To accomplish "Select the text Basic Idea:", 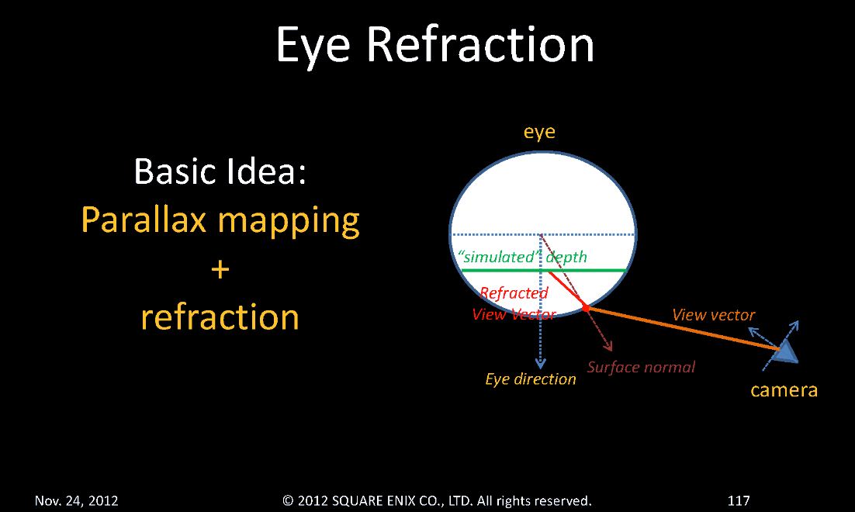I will (220, 171).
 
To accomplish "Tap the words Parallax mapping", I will (220, 221).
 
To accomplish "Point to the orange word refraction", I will (220, 317).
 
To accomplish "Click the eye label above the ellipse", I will (539, 132).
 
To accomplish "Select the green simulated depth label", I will (524, 257).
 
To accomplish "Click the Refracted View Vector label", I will (514, 303).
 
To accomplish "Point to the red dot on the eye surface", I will (587, 309).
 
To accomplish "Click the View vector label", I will (713, 315).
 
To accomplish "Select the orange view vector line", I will (683, 330).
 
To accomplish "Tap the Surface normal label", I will (641, 367).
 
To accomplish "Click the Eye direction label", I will (531, 379).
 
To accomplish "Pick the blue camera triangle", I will (786, 351).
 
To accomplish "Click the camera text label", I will (784, 389).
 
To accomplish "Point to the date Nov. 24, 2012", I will (76, 500).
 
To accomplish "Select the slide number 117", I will (739, 500).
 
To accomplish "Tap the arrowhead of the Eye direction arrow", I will (541, 364).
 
